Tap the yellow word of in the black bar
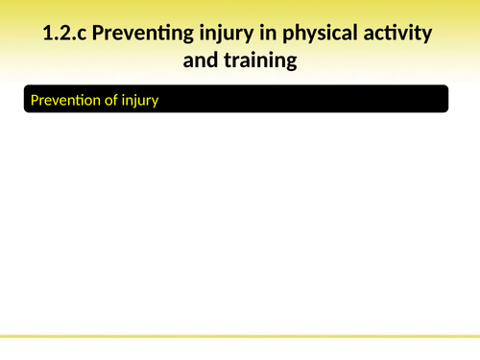(x=116, y=100)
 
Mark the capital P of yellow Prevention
(x=36, y=100)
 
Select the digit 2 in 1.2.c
(x=62, y=36)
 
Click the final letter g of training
(x=290, y=62)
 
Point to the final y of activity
(x=426, y=37)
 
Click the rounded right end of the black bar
(x=444, y=100)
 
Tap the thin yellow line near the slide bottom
(x=240, y=337)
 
